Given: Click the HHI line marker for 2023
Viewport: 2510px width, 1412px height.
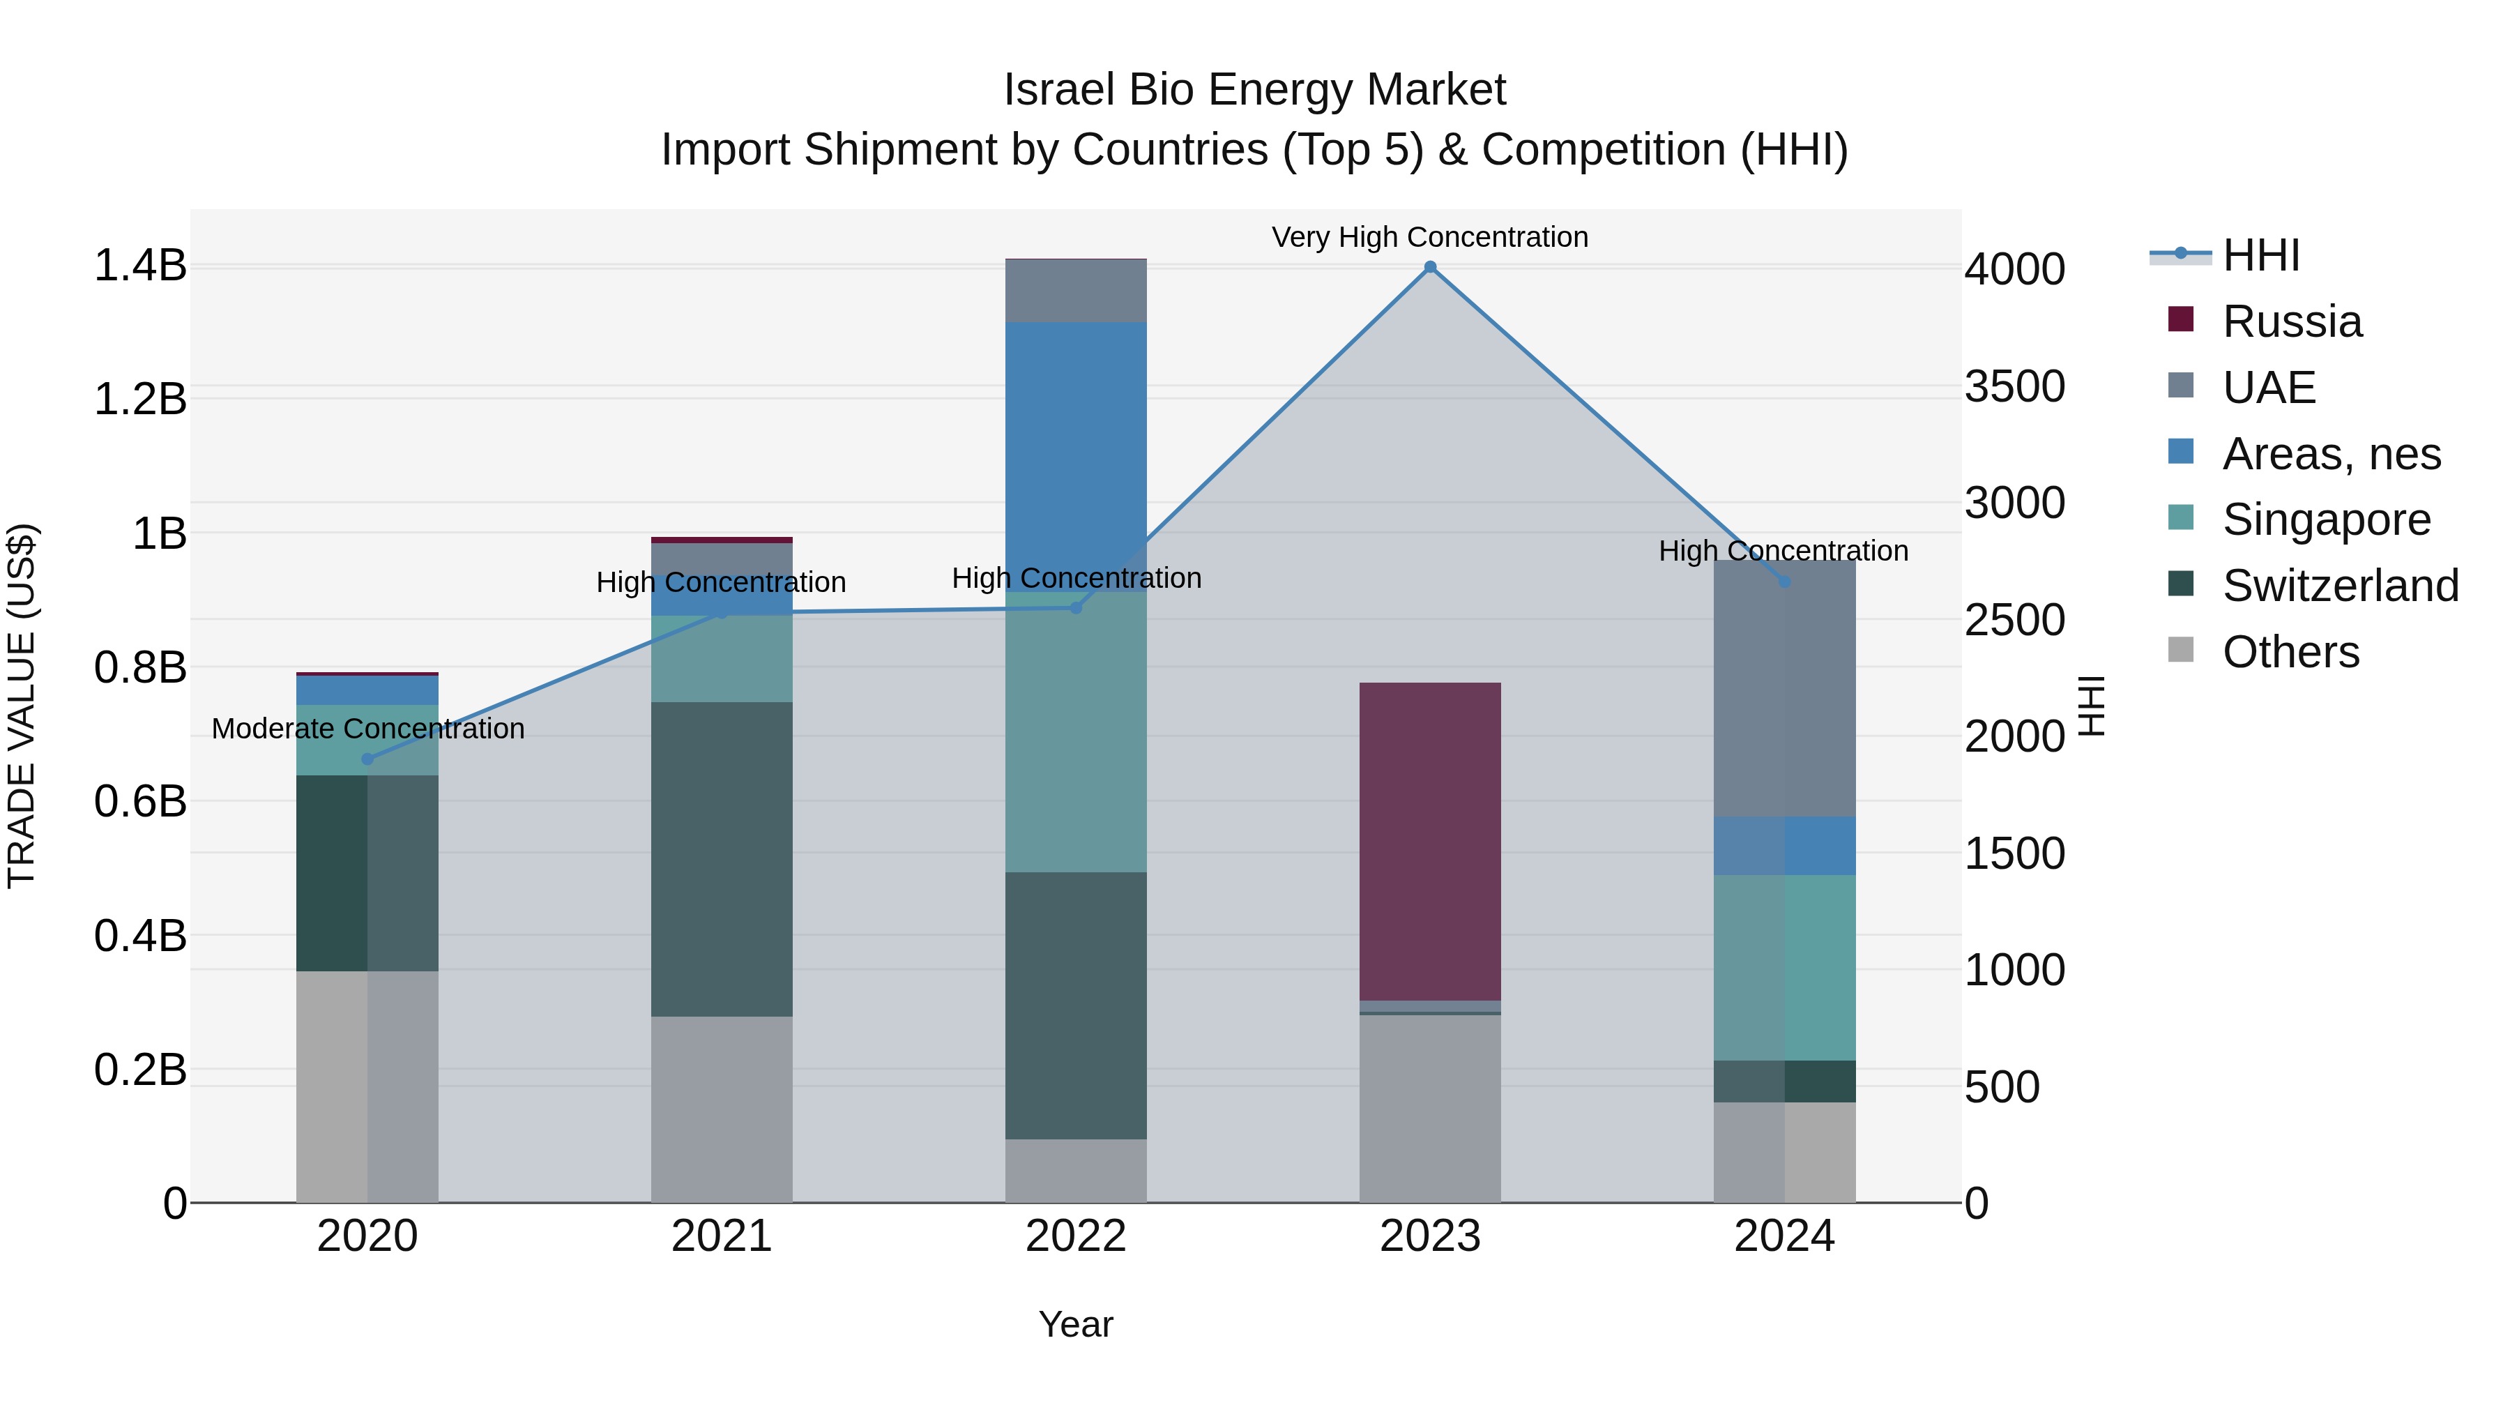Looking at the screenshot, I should (1429, 267).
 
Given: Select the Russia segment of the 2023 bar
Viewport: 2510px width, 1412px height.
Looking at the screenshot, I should (1429, 840).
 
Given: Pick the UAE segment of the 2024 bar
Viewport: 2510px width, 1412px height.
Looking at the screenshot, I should (1784, 688).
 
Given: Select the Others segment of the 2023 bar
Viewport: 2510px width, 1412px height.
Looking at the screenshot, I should (1429, 1108).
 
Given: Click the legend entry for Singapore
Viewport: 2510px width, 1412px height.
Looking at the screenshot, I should (2326, 519).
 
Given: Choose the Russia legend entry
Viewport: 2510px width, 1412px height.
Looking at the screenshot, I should (2292, 321).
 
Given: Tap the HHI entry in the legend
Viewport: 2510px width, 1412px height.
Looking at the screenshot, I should (2260, 255).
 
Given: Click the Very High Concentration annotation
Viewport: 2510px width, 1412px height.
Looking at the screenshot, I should (1429, 237).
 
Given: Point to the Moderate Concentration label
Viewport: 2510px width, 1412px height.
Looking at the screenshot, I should (368, 729).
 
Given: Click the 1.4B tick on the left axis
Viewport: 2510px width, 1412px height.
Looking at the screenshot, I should (140, 266).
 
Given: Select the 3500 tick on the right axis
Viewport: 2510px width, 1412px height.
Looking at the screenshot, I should (2014, 387).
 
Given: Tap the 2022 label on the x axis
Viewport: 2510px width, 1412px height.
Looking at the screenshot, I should (1076, 1236).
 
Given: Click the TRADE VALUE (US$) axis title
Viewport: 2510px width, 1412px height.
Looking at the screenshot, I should (22, 706).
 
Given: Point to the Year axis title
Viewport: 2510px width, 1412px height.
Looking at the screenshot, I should (1076, 1324).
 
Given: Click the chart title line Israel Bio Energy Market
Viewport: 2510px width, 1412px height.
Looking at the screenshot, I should (1254, 90).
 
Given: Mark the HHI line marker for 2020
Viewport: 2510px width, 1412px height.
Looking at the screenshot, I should (367, 759).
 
